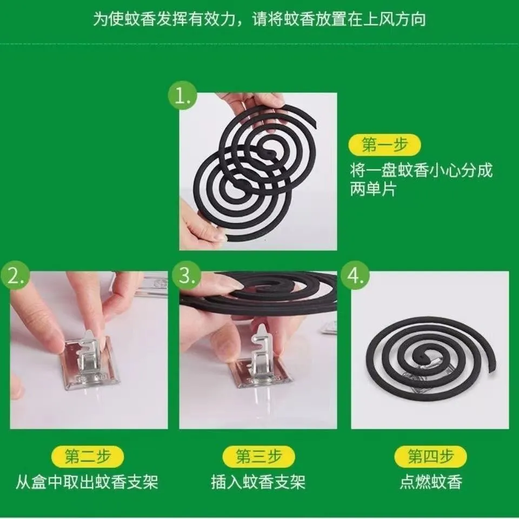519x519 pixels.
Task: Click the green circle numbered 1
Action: (182, 96)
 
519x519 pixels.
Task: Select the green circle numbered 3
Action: (187, 275)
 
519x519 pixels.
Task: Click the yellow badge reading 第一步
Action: (384, 145)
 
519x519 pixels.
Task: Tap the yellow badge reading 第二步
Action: (88, 457)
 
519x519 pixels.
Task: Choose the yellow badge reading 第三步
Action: (258, 457)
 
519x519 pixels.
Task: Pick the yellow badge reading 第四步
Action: (430, 457)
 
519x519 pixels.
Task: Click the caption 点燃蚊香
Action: (431, 482)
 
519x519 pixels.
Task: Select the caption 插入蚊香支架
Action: (258, 482)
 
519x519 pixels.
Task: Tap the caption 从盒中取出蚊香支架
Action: (87, 482)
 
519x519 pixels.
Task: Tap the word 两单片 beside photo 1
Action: (374, 190)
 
